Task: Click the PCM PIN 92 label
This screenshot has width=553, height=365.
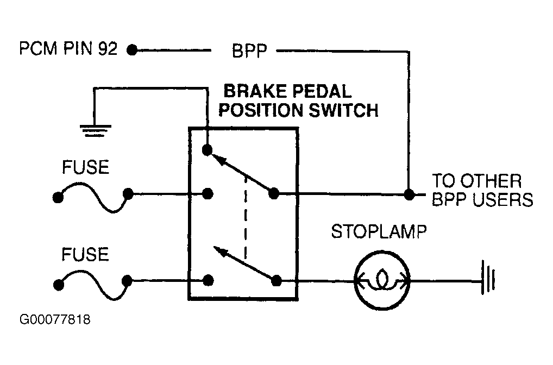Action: point(68,49)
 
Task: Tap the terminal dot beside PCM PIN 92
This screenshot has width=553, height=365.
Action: point(132,50)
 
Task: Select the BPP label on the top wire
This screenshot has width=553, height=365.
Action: point(250,51)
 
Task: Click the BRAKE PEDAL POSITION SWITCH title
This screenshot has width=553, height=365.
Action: point(298,100)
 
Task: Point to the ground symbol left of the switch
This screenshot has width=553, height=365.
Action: point(95,130)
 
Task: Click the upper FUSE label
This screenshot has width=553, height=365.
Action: point(85,167)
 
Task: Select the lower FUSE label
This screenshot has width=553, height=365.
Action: point(85,254)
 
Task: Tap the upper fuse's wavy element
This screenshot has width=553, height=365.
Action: point(93,196)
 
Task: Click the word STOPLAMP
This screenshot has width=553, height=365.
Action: point(379,232)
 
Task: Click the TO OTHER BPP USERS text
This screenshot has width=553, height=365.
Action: point(482,190)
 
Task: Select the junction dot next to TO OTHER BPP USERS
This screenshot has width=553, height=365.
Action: point(409,194)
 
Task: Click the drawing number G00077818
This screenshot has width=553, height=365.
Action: point(55,319)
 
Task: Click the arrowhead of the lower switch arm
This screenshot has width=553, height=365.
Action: point(219,251)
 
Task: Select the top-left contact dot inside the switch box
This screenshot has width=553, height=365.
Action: point(208,150)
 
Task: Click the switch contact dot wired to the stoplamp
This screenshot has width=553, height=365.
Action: point(276,281)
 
